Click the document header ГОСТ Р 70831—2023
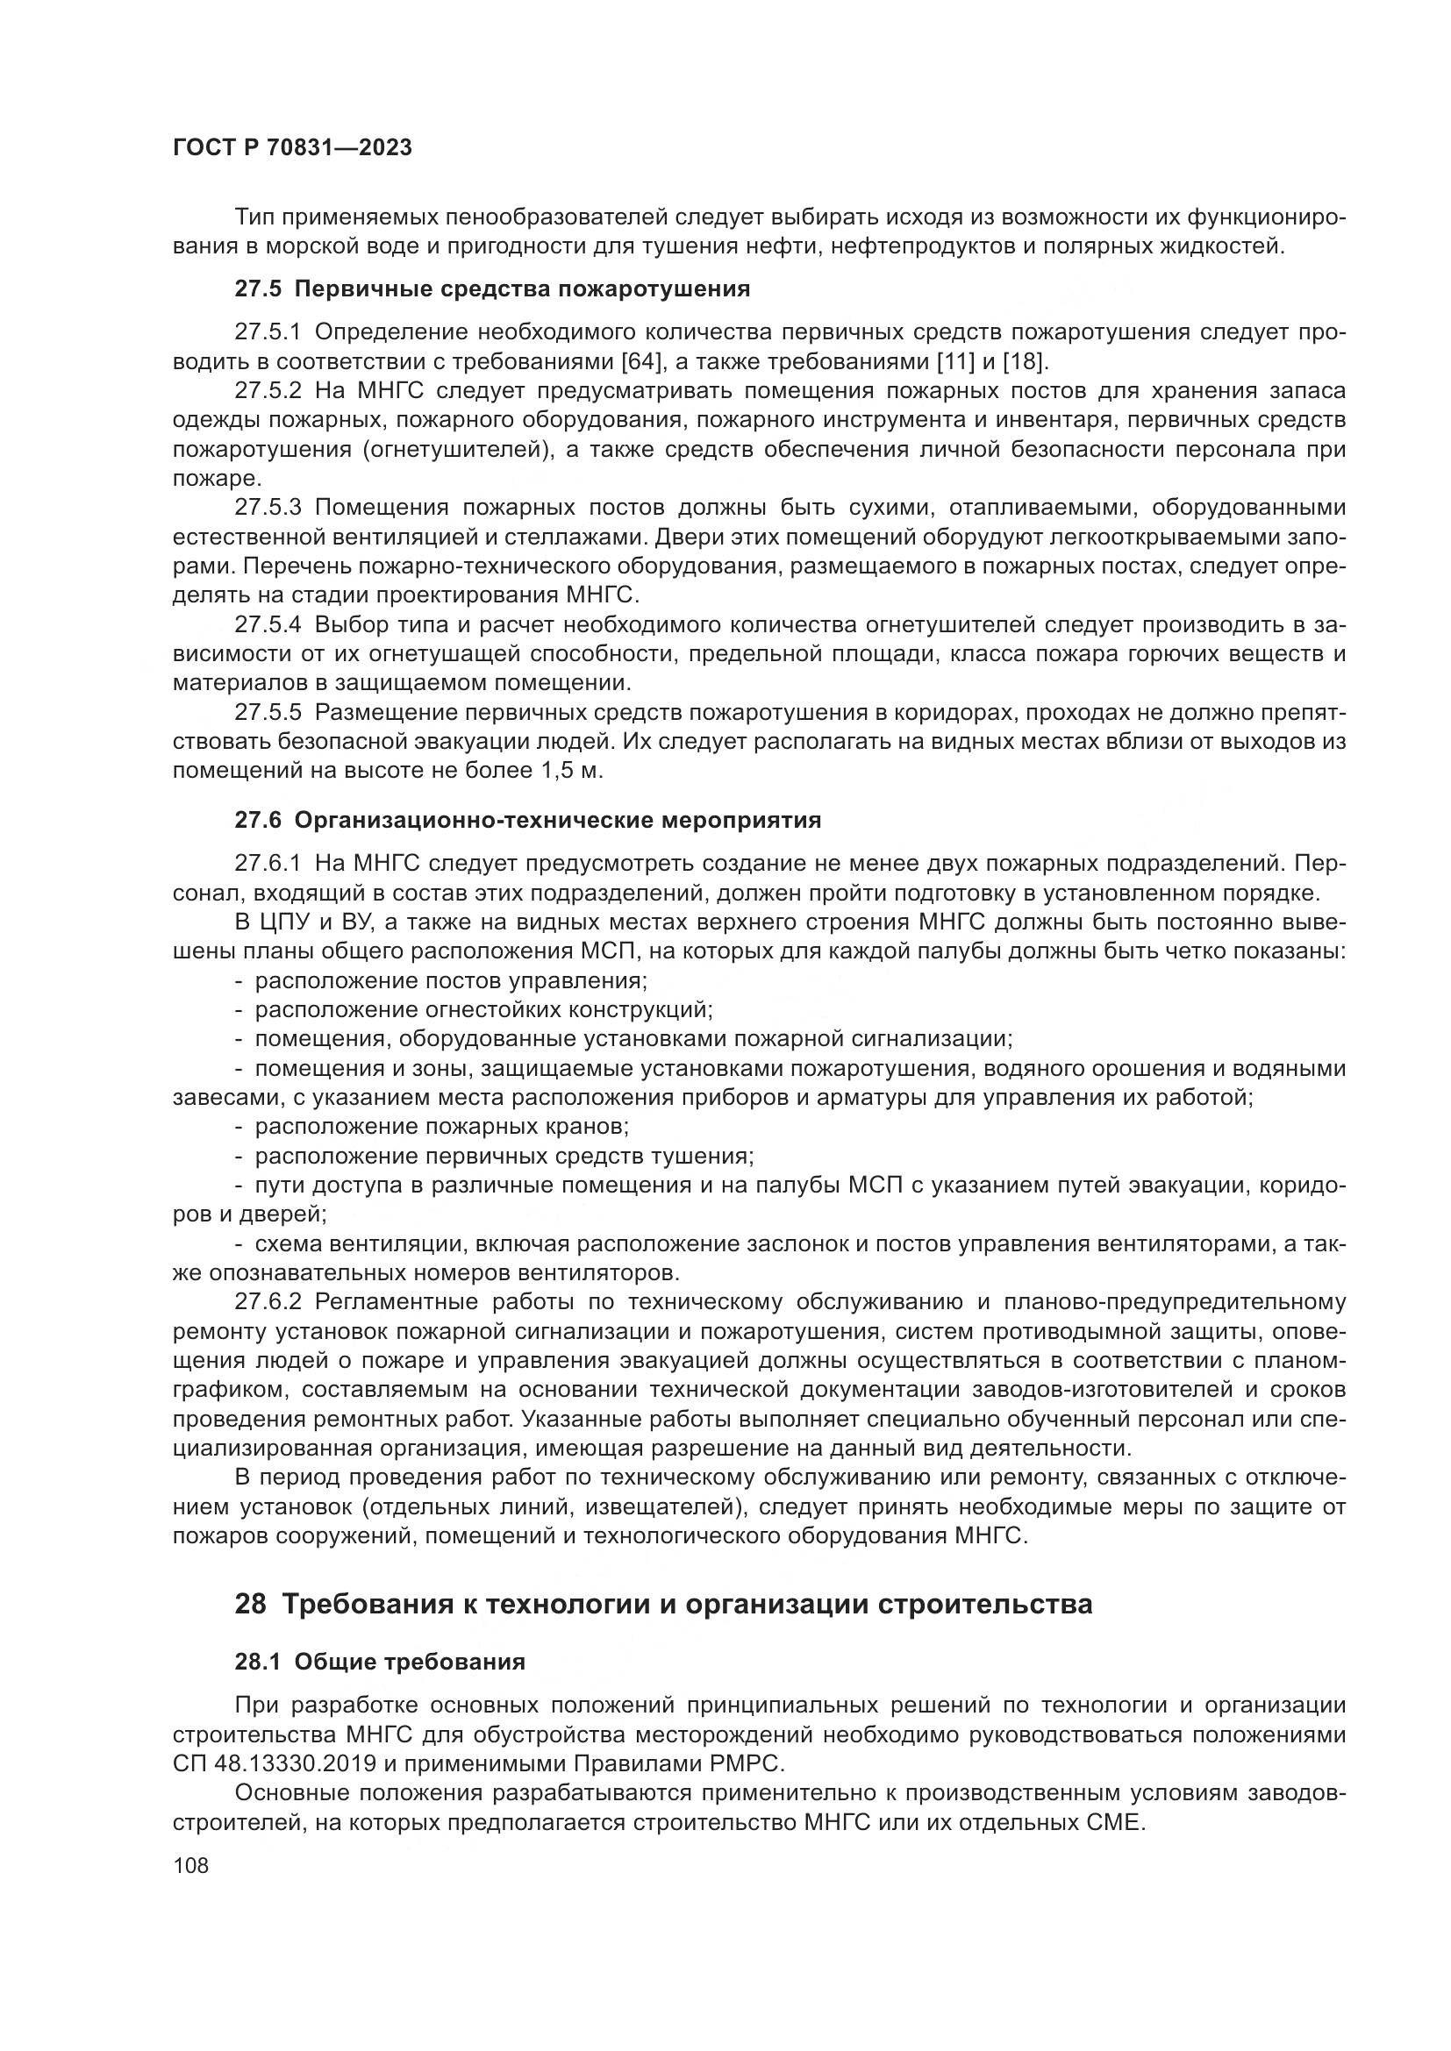coord(292,148)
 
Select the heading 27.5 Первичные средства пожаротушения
coord(491,288)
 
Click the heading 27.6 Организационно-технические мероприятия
coord(527,819)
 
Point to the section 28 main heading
coord(663,1604)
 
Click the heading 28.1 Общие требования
coord(380,1662)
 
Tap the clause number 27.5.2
coord(269,390)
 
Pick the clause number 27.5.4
coord(269,624)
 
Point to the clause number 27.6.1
coord(269,863)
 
